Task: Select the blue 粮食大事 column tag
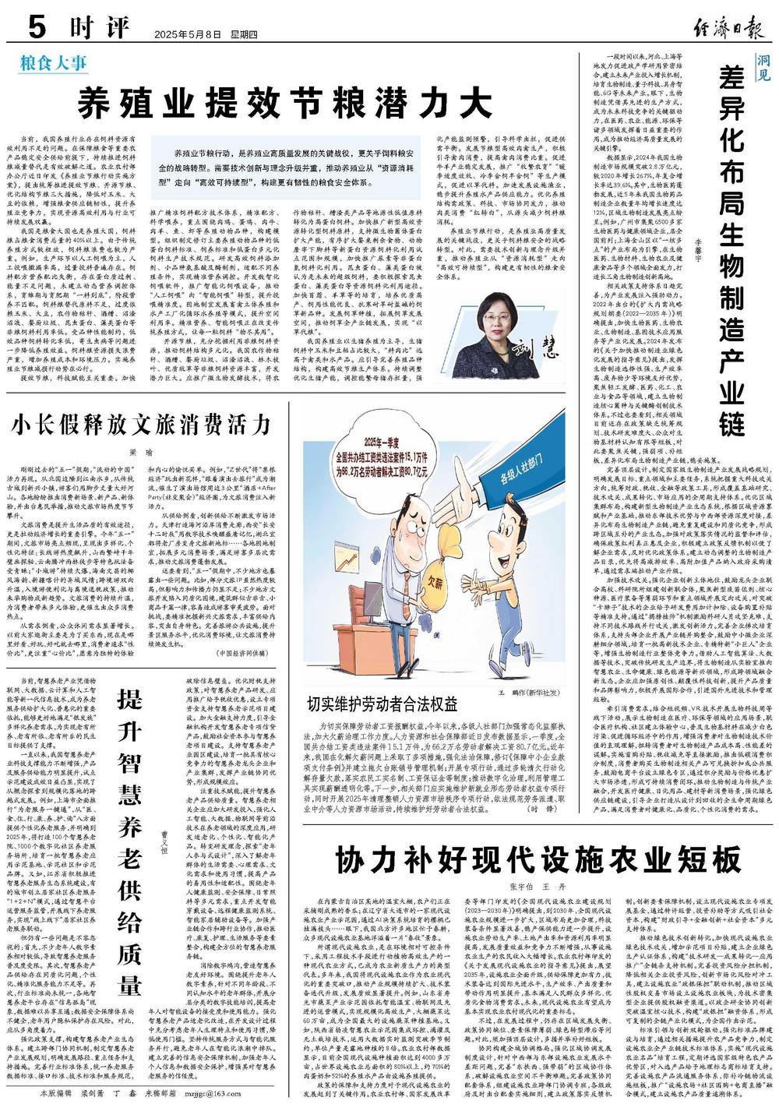point(54,62)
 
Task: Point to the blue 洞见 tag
point(763,69)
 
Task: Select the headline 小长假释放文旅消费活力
point(141,425)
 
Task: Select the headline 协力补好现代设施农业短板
point(538,860)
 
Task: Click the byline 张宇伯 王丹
point(538,887)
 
